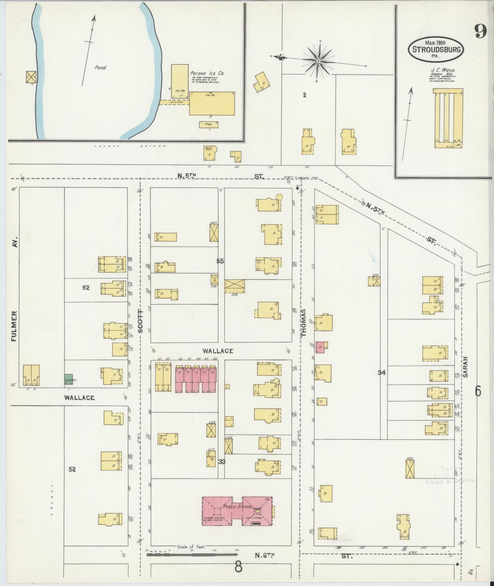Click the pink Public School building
pyautogui.click(x=237, y=511)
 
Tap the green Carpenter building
pyautogui.click(x=68, y=379)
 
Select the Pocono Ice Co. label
pyautogui.click(x=207, y=73)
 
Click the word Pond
pyautogui.click(x=100, y=68)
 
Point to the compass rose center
pyautogui.click(x=319, y=61)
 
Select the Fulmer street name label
pyautogui.click(x=13, y=326)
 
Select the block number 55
pyautogui.click(x=220, y=261)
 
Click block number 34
pyautogui.click(x=381, y=373)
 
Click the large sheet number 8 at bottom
pyautogui.click(x=238, y=567)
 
